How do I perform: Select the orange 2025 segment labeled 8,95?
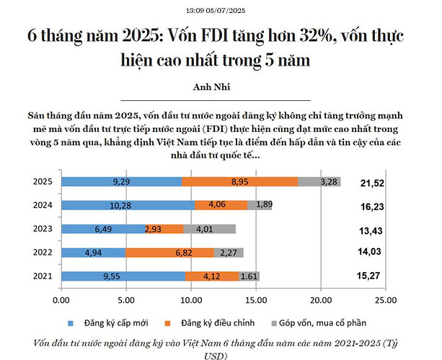point(240,182)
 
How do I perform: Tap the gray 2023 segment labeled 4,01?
point(210,229)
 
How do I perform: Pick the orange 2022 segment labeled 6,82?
point(170,253)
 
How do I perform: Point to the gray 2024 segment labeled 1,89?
point(260,205)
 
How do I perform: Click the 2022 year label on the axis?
point(43,252)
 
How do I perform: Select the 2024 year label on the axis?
point(43,205)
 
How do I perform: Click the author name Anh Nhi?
point(214,88)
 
